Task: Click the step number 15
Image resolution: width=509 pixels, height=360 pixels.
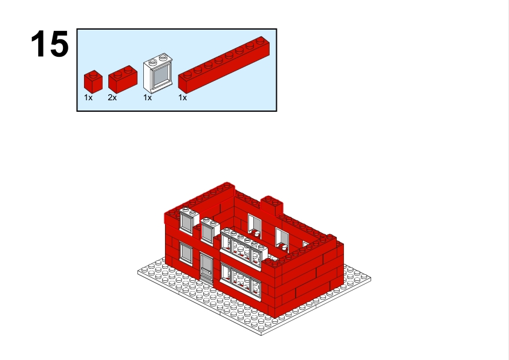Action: point(50,44)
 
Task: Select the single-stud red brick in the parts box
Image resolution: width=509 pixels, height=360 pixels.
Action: point(93,82)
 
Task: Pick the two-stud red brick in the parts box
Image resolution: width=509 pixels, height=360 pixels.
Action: point(123,80)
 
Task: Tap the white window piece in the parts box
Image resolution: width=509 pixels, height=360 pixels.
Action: point(158,73)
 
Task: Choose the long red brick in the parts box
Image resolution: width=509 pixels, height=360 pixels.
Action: point(224,65)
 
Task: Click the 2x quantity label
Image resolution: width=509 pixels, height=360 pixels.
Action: point(112,98)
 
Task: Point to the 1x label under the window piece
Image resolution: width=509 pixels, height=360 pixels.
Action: point(148,98)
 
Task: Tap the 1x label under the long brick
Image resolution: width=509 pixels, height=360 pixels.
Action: point(183,98)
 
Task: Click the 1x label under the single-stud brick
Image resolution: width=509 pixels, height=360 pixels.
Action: point(88,98)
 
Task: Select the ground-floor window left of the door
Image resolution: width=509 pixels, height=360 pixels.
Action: point(186,253)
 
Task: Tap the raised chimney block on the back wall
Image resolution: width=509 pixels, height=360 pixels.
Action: point(271,205)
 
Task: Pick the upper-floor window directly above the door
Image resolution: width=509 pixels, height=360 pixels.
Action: point(208,230)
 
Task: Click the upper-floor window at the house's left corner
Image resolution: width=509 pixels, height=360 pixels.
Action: point(187,220)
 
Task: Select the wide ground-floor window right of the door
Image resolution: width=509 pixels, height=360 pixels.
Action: point(240,281)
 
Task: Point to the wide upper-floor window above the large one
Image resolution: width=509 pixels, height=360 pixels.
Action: point(244,249)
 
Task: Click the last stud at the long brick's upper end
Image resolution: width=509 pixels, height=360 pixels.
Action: point(261,40)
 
